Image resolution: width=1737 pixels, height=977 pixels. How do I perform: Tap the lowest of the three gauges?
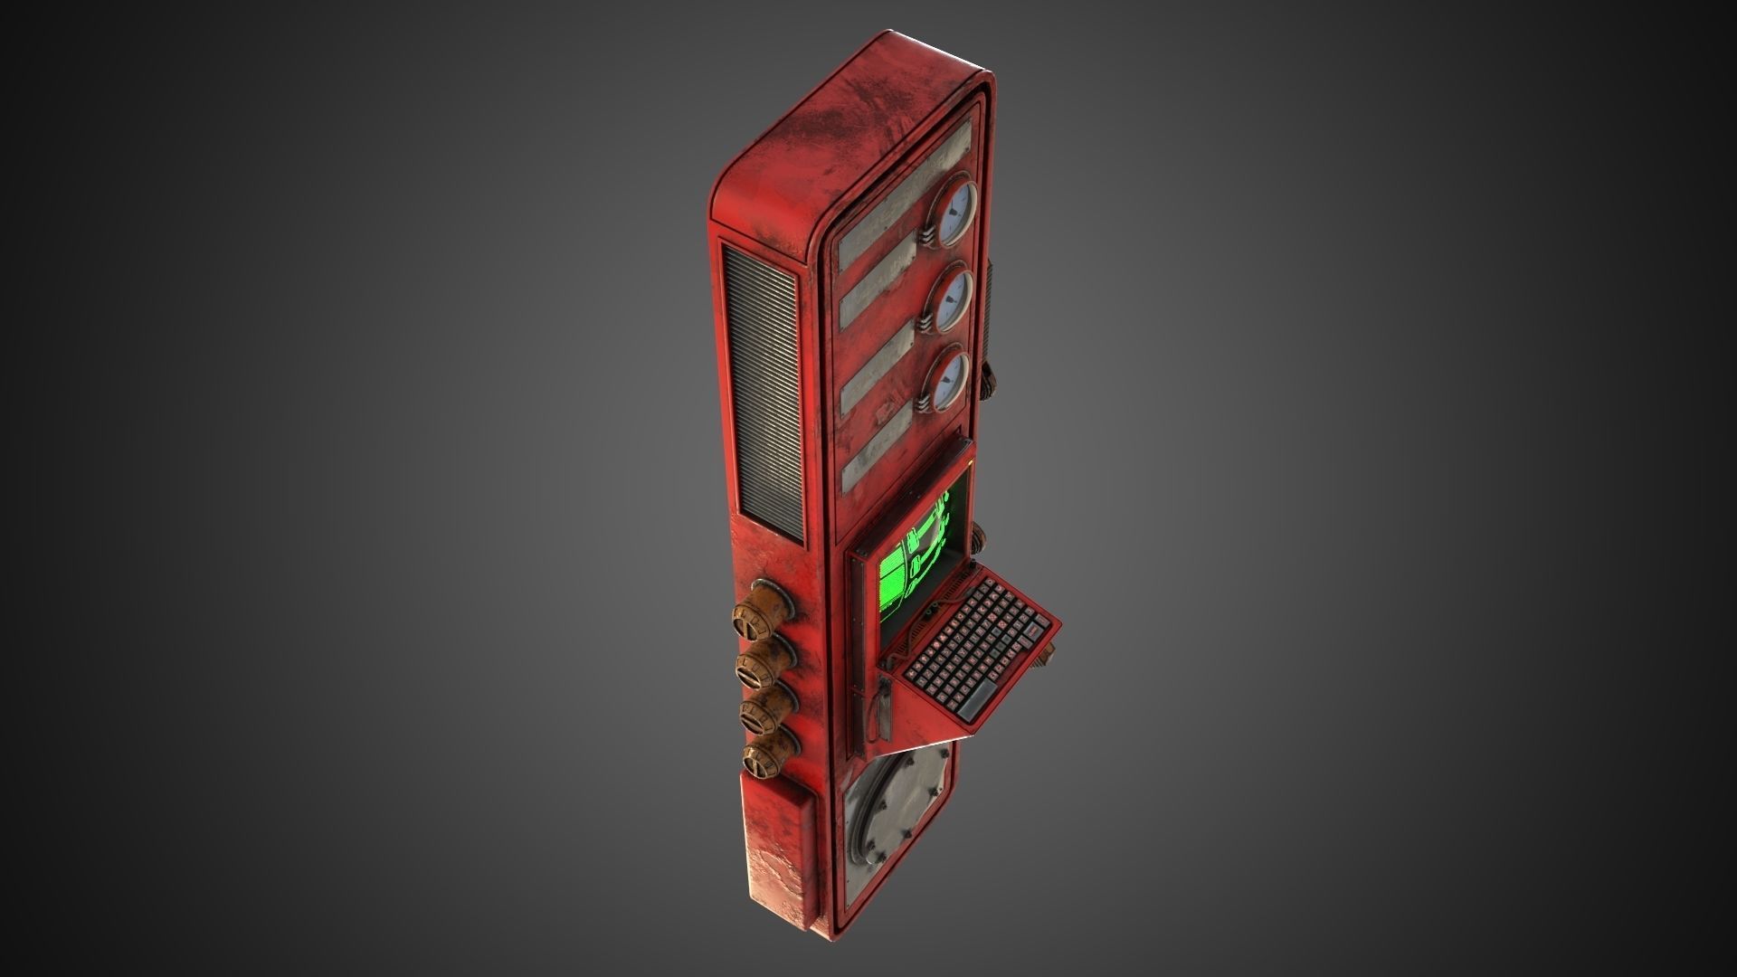click(948, 380)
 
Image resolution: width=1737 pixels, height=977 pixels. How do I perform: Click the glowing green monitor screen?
click(916, 559)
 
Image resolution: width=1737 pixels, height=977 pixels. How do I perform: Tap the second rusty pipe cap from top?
click(760, 660)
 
